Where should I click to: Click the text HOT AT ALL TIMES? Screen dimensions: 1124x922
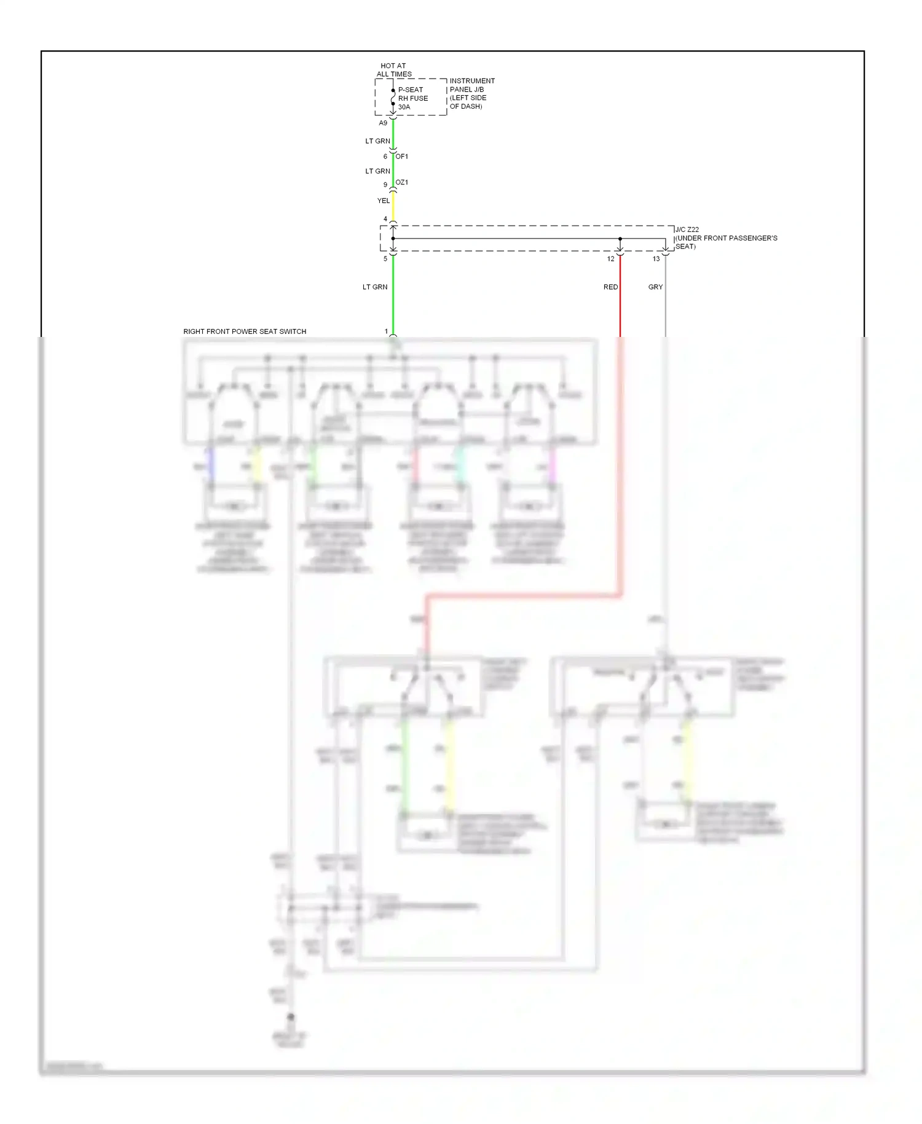click(x=394, y=69)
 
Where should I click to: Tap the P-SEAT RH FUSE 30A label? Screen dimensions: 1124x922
click(x=412, y=98)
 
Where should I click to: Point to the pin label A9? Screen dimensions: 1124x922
click(x=383, y=123)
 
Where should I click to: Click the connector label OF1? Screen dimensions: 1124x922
click(x=401, y=156)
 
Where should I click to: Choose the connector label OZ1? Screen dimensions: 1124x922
click(x=401, y=183)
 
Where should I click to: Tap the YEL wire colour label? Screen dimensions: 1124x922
click(x=384, y=200)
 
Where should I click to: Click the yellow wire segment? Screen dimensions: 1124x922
click(x=393, y=206)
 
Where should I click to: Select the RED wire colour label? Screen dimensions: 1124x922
click(x=610, y=287)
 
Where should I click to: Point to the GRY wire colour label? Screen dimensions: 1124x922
click(x=655, y=287)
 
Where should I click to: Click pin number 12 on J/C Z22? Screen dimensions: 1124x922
click(x=610, y=259)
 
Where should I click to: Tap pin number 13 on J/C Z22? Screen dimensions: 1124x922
click(x=656, y=259)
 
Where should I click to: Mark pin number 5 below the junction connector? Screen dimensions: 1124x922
click(x=385, y=259)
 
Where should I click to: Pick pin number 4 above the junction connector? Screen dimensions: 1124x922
click(x=385, y=219)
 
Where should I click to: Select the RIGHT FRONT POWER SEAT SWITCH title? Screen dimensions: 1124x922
click(x=245, y=331)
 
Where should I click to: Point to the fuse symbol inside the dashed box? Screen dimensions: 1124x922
click(x=393, y=97)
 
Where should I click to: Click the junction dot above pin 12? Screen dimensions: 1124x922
click(x=620, y=239)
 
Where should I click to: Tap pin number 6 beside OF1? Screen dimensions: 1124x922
click(x=385, y=156)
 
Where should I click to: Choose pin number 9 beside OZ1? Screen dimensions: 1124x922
click(x=385, y=184)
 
